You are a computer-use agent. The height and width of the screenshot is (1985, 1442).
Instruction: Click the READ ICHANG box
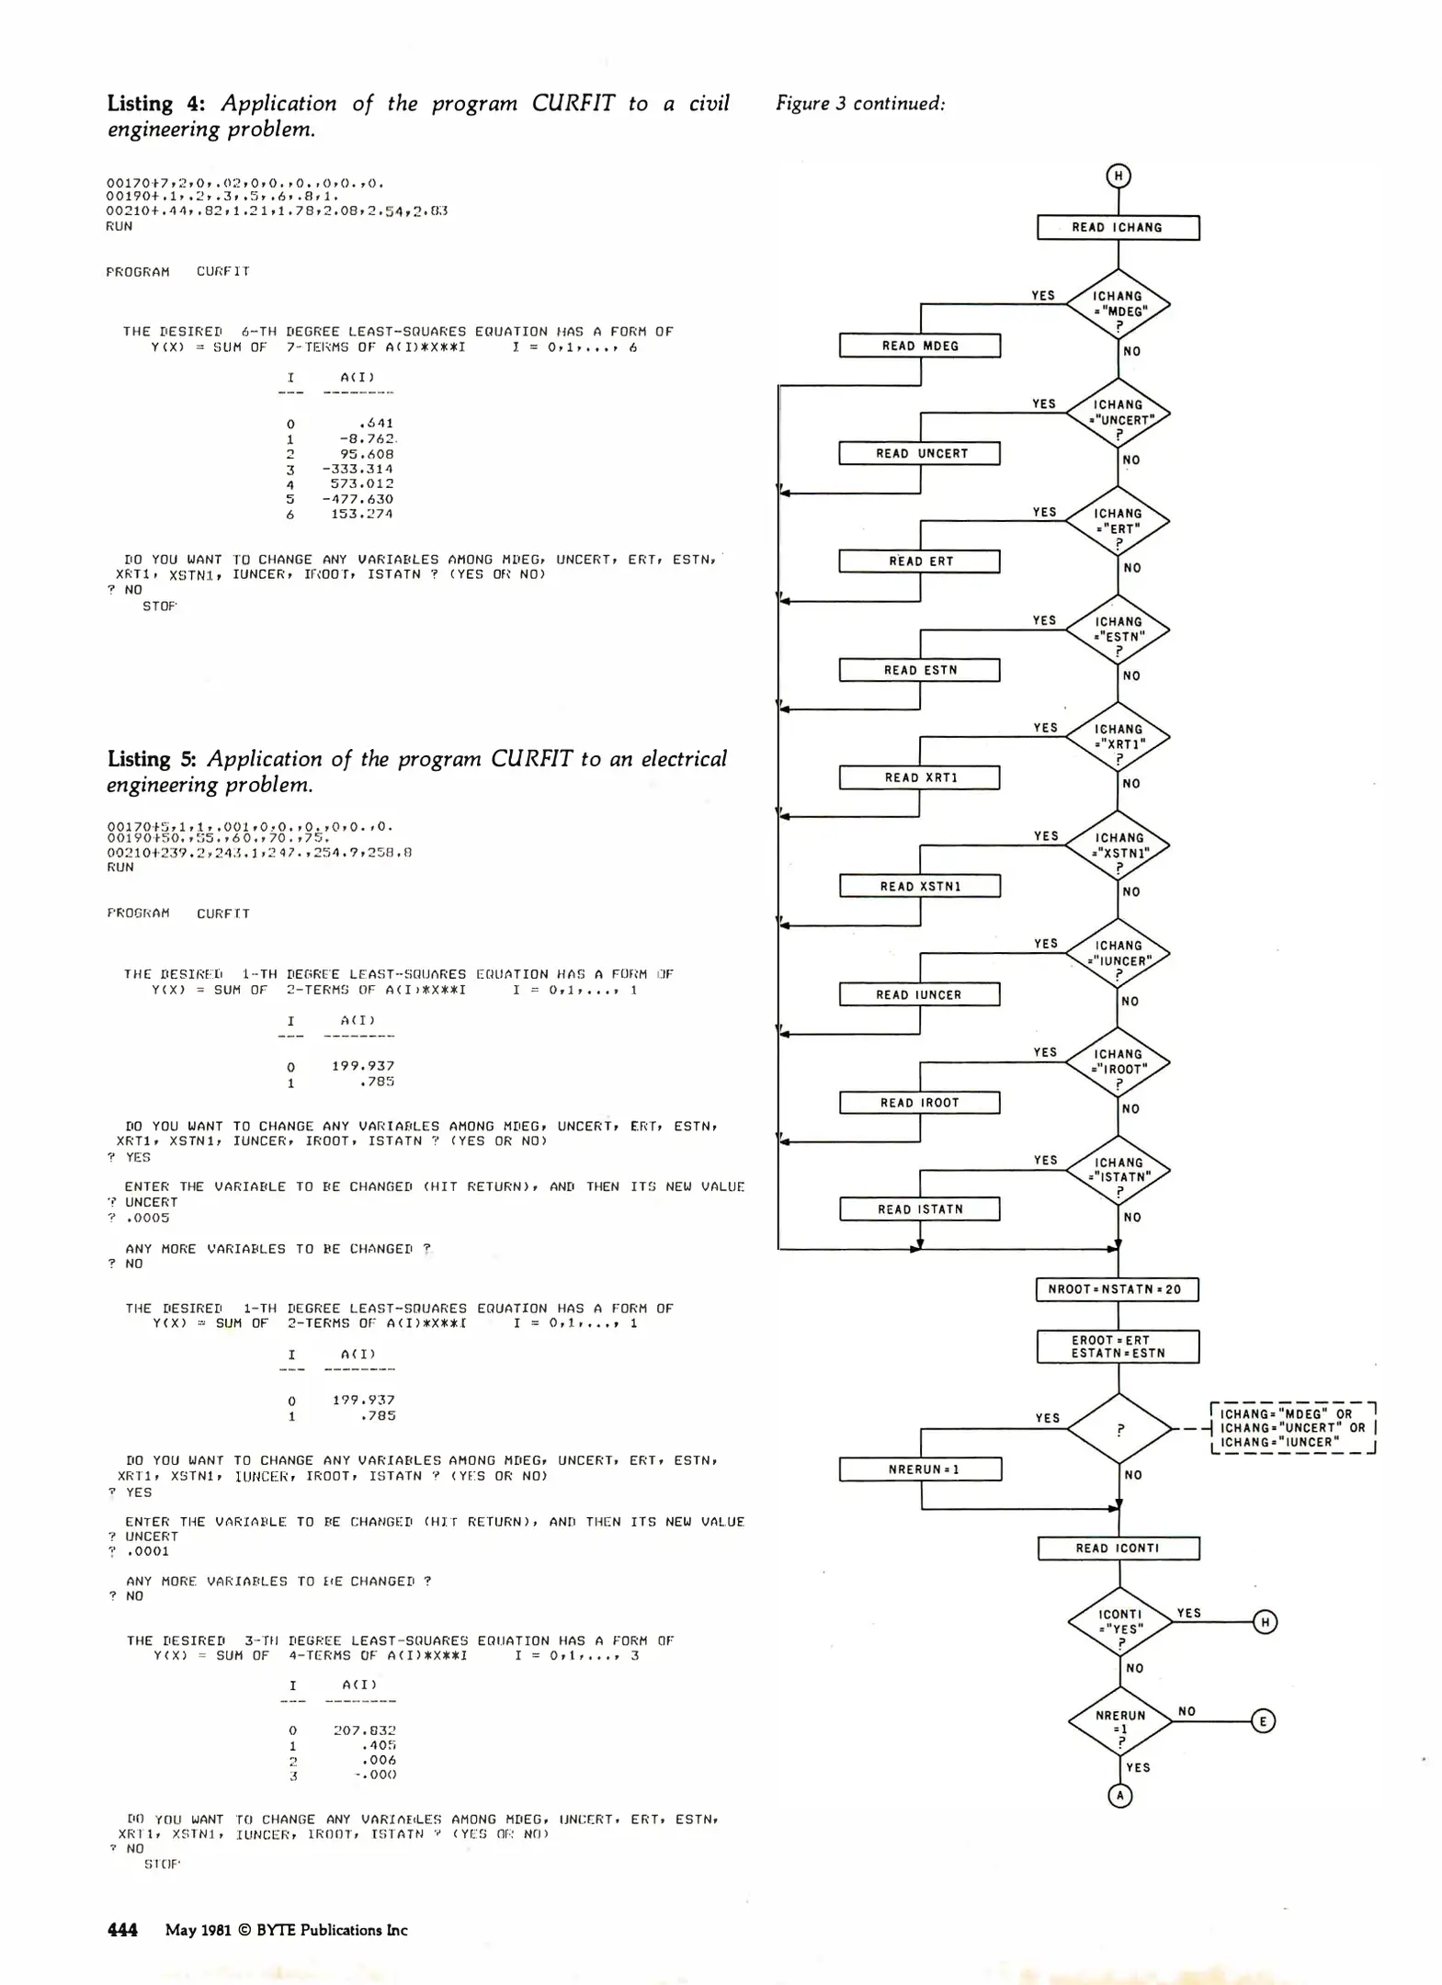click(1118, 228)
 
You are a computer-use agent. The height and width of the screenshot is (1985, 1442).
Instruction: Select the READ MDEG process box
click(920, 346)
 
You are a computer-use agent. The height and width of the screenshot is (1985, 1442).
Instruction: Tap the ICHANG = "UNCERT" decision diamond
click(1118, 413)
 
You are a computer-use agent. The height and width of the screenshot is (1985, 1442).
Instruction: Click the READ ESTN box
click(920, 670)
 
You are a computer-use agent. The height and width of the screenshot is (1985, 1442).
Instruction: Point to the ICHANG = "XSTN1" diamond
click(1118, 845)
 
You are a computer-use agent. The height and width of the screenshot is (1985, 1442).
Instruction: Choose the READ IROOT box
click(920, 1103)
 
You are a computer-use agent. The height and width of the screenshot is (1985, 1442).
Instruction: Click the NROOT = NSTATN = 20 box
click(1118, 1289)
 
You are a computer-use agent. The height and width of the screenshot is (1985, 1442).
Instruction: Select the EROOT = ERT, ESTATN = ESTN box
click(1118, 1346)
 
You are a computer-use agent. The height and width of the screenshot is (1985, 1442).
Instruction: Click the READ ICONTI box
click(1118, 1548)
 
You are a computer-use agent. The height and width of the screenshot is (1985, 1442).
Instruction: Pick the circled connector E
click(1264, 1721)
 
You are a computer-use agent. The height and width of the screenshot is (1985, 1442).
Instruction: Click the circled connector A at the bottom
click(1119, 1796)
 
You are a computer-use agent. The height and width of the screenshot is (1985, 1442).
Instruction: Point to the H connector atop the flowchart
click(1118, 176)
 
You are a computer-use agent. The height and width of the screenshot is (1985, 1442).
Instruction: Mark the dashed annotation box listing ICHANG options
click(1292, 1428)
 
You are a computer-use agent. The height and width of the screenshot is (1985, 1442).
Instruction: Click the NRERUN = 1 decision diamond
click(1120, 1721)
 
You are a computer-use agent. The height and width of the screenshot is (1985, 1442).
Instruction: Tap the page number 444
click(122, 1930)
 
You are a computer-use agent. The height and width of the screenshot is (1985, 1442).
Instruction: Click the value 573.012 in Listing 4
click(362, 483)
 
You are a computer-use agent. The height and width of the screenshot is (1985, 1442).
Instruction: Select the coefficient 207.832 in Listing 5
click(364, 1730)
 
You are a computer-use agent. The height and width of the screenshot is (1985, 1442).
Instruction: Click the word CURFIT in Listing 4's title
click(573, 103)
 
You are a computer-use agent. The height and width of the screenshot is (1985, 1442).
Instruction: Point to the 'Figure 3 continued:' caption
click(860, 103)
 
